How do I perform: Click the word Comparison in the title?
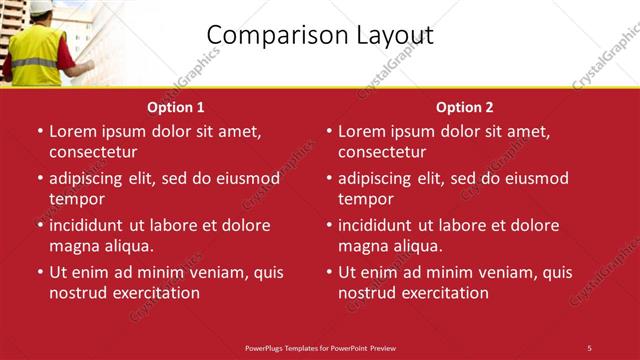pos(269,35)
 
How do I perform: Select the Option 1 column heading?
pos(176,106)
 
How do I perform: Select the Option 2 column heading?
pos(465,106)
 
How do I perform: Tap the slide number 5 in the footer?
pos(589,347)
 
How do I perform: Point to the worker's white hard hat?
pos(41,7)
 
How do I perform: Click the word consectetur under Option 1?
pos(93,152)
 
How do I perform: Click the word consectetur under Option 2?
pos(382,152)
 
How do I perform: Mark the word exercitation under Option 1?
pos(155,293)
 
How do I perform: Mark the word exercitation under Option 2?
pos(444,293)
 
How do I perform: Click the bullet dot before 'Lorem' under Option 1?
pos(39,131)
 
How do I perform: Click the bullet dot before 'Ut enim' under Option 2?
pos(328,272)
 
